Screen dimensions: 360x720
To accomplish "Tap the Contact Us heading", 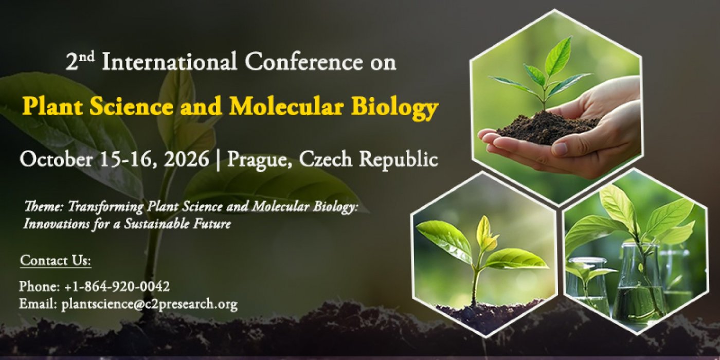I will coord(56,261).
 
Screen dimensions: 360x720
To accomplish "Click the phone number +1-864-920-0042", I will coord(117,286).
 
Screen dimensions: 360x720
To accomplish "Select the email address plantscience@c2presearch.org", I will coord(149,304).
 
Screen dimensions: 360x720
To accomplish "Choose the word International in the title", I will coord(169,63).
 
